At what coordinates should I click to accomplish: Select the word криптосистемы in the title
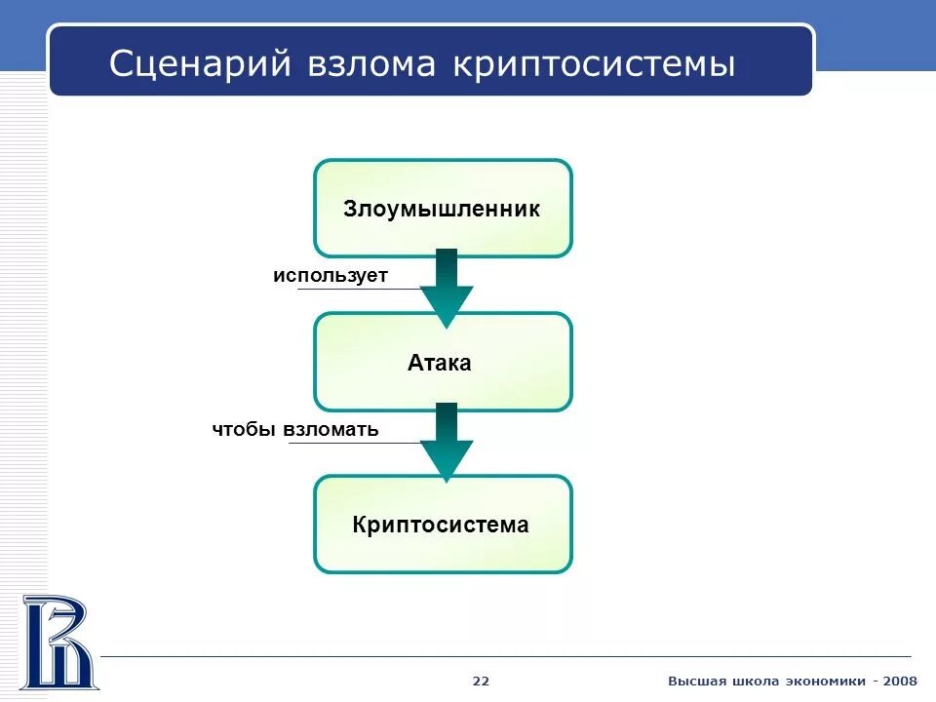point(595,64)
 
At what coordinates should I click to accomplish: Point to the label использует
point(331,276)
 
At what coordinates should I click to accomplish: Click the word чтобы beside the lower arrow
point(245,429)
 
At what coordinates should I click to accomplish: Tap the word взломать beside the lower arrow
point(331,429)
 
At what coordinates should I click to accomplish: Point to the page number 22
point(481,681)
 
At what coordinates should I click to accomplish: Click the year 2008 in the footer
point(899,681)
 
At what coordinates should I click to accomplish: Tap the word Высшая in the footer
point(696,681)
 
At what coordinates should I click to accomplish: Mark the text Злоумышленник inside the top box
point(442,210)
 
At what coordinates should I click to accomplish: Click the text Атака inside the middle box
point(440,364)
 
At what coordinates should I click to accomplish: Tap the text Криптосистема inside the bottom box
point(441,526)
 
